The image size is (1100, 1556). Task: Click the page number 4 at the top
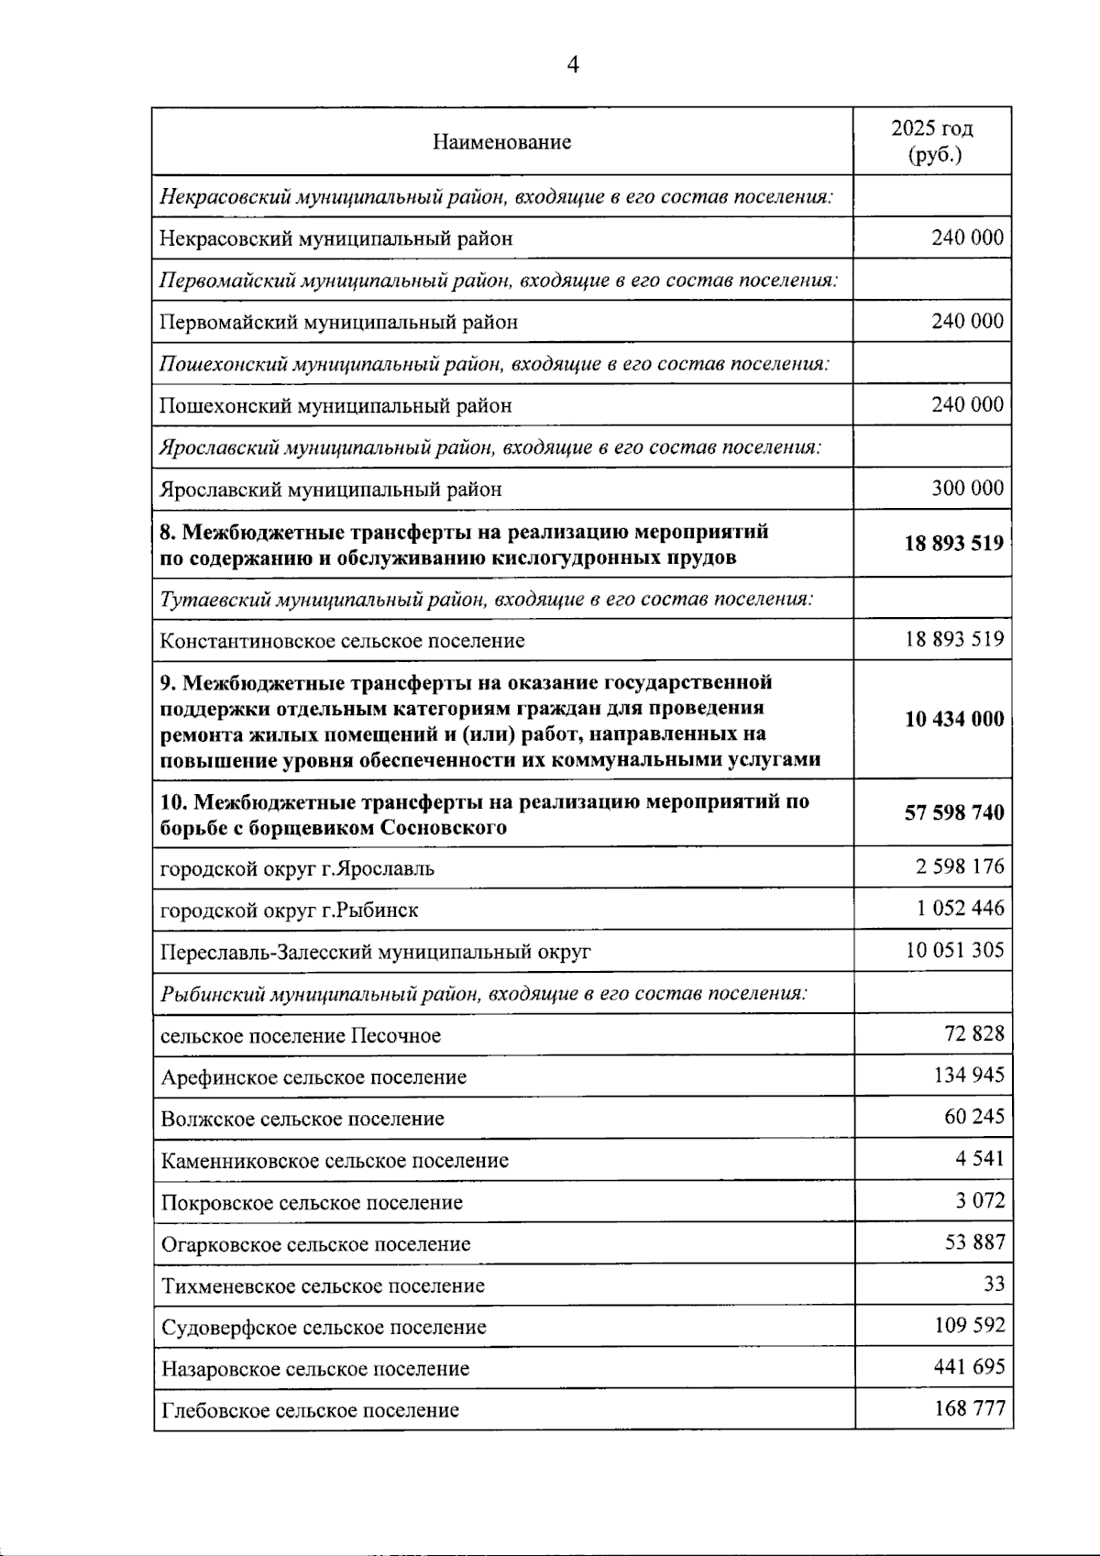click(573, 64)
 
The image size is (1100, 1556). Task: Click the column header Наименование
click(501, 141)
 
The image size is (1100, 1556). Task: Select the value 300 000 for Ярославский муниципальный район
click(967, 488)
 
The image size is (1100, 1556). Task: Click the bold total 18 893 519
click(953, 543)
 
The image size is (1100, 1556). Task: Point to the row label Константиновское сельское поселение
click(342, 640)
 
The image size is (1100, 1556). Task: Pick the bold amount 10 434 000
click(953, 719)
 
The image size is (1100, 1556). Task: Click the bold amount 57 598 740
click(953, 812)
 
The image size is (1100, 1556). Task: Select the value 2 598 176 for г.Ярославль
click(959, 866)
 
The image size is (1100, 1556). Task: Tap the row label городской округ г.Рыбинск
click(289, 910)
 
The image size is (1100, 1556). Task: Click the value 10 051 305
click(954, 949)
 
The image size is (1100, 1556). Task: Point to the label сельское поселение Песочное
click(300, 1035)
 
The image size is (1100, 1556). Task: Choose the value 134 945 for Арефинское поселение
click(969, 1075)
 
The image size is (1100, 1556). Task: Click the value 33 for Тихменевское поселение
click(994, 1283)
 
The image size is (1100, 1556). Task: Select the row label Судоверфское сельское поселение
click(323, 1327)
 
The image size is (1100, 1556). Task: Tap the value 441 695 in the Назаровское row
click(969, 1366)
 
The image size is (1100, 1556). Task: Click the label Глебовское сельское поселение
click(309, 1410)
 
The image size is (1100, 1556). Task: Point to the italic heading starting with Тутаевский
click(486, 598)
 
